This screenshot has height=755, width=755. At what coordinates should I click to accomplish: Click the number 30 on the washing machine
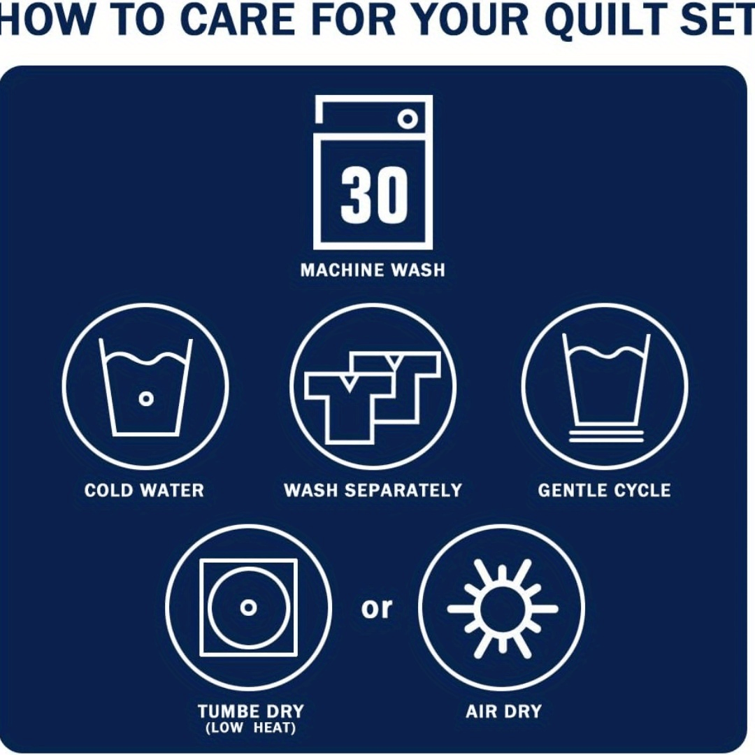[x=374, y=194]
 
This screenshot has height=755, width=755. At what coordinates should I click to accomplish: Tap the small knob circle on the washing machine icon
[x=408, y=118]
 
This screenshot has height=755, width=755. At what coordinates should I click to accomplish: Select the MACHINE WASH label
[x=373, y=270]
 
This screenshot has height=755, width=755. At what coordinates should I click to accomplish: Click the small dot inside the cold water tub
[x=146, y=398]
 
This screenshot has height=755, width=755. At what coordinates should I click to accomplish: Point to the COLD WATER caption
[x=144, y=490]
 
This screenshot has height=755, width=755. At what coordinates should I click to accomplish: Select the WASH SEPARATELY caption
[x=373, y=490]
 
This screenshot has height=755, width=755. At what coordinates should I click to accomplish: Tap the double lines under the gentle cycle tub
[x=605, y=436]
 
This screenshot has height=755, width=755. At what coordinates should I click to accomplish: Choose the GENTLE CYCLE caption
[x=604, y=490]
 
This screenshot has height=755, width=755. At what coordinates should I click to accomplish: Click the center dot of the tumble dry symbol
[x=248, y=607]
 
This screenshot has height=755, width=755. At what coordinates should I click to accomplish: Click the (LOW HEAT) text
[x=250, y=727]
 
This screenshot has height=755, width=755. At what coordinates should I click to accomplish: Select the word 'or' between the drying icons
[x=377, y=608]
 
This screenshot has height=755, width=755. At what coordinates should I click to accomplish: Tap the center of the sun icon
[x=502, y=609]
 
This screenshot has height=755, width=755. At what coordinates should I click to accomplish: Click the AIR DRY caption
[x=503, y=711]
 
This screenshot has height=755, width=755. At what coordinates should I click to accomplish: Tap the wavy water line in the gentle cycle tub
[x=605, y=352]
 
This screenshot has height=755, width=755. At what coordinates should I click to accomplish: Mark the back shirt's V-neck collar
[x=394, y=361]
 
